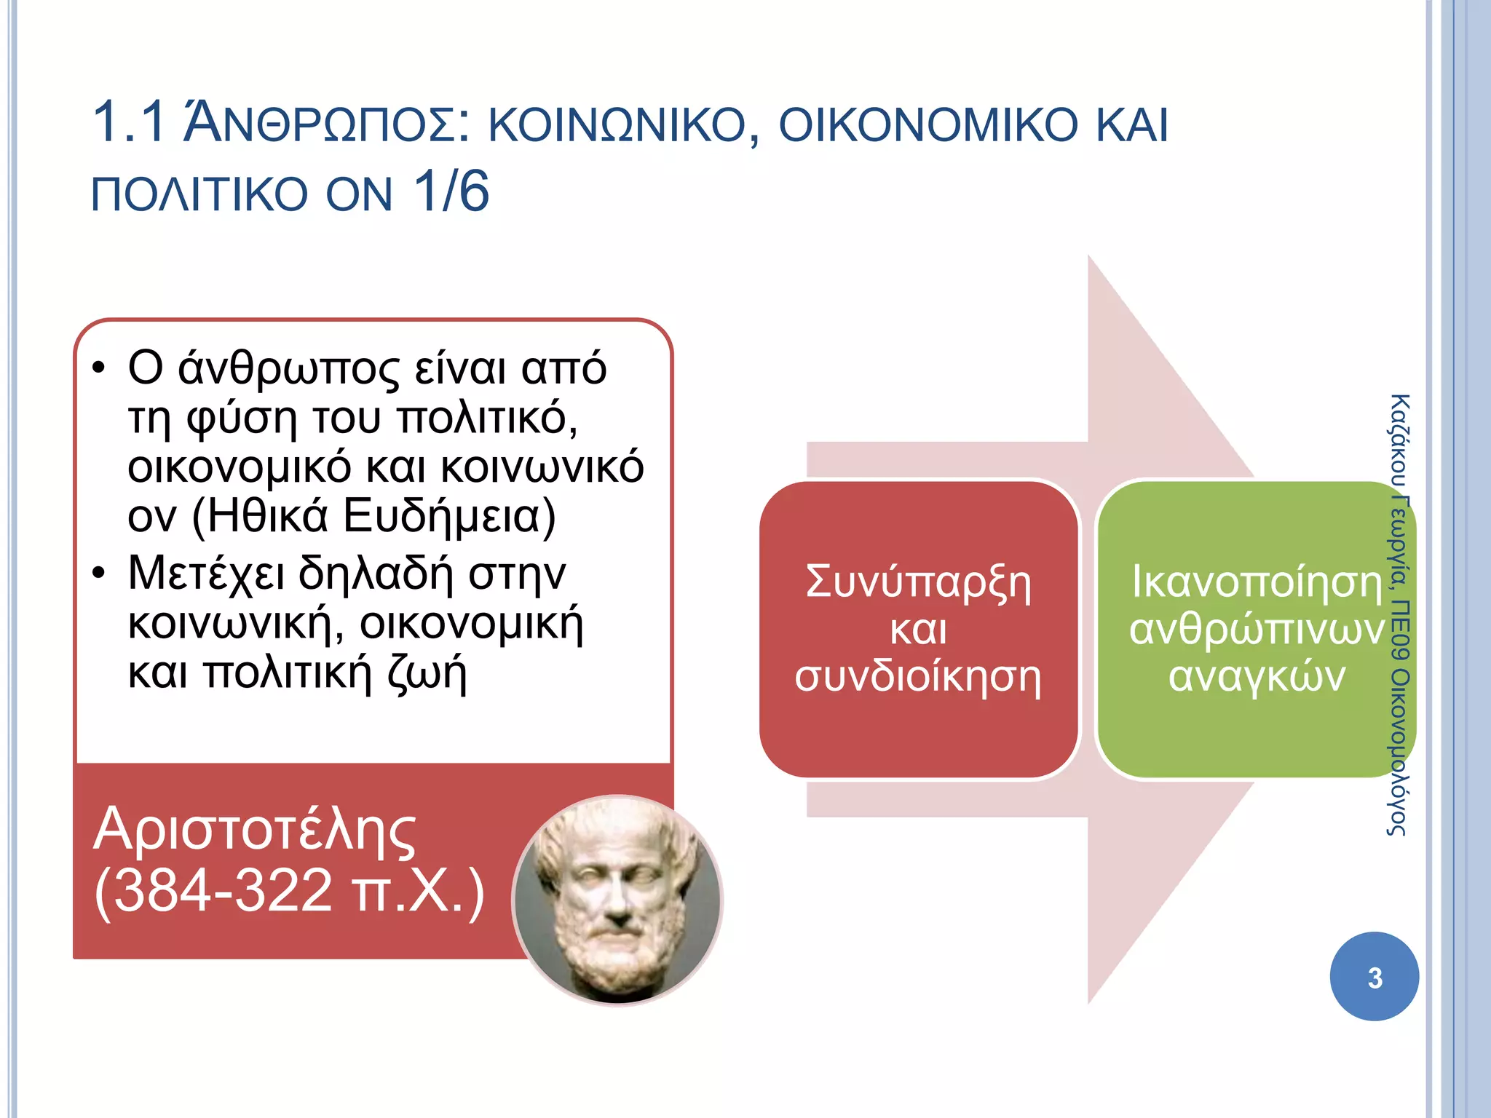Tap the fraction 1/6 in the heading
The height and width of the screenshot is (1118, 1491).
click(x=451, y=192)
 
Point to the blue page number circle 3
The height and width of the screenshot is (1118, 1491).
click(x=1374, y=977)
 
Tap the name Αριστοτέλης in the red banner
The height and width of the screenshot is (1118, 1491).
click(x=254, y=829)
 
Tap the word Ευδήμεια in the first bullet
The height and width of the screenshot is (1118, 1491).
click(x=448, y=517)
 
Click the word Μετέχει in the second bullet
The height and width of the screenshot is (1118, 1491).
click(x=206, y=574)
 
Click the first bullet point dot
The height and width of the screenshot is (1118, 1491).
click(x=99, y=368)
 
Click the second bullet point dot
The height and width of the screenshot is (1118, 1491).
click(x=99, y=574)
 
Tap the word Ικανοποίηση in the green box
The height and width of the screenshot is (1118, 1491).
click(x=1257, y=582)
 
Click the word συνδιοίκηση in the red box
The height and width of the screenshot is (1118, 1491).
click(x=918, y=677)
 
